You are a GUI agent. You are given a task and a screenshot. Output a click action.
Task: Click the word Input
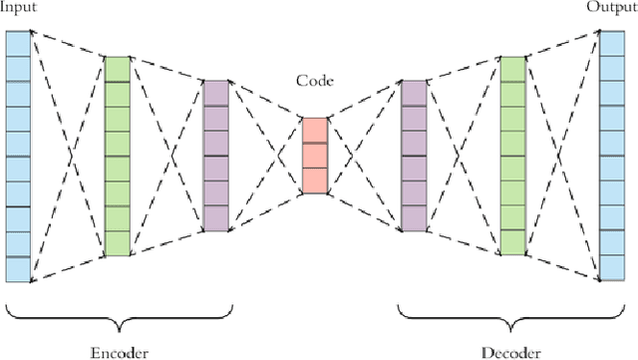19,9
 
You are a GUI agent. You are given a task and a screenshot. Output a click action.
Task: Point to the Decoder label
511,351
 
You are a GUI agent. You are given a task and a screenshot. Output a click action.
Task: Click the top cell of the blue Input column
18,42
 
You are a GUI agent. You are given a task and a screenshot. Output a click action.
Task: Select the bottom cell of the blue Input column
18,269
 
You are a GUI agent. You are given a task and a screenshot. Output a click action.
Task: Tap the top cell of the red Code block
314,130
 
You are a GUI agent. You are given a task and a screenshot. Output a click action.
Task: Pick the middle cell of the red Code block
314,156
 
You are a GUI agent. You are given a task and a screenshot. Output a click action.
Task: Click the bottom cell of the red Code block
314,180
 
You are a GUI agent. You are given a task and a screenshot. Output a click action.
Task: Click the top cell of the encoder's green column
117,68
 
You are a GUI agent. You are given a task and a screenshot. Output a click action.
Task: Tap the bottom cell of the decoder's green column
512,243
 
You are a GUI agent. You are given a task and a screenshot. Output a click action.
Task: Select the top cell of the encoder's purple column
215,93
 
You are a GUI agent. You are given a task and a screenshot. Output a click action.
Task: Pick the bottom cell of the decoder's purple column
414,218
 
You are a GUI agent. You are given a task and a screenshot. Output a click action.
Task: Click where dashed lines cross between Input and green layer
68,156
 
